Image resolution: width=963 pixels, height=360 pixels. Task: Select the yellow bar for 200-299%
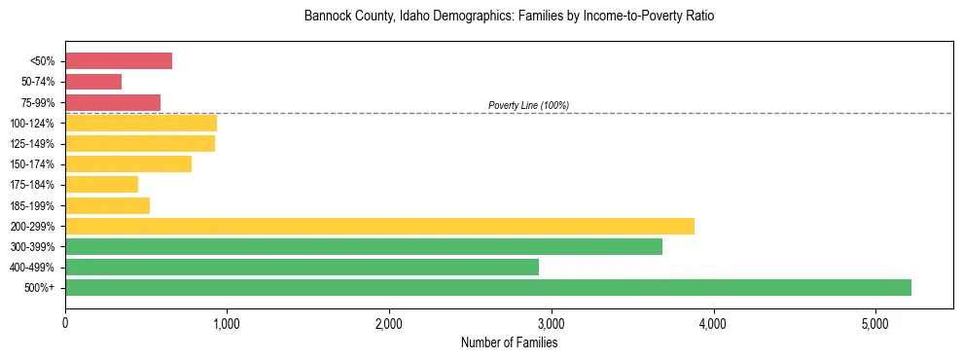coord(379,226)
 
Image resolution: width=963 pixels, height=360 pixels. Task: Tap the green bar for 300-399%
coord(364,246)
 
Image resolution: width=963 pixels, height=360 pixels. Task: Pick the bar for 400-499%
coord(302,267)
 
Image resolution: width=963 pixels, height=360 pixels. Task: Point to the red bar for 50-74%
coord(93,82)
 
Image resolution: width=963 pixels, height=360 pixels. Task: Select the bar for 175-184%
coord(101,184)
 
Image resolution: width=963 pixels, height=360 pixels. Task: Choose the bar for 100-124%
coord(141,123)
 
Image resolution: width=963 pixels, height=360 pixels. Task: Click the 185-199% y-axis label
coord(34,205)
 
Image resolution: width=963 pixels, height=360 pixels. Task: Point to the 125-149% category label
coord(34,144)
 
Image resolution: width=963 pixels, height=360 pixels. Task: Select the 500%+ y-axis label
coord(40,288)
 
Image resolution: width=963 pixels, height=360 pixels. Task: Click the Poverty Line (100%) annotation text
coord(528,105)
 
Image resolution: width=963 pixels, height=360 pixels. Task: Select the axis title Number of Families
coord(509,342)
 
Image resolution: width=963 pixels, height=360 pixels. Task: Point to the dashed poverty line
coord(730,113)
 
